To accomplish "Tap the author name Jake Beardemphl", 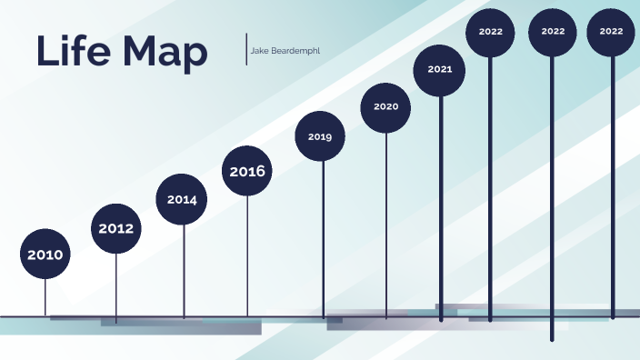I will tap(285, 50).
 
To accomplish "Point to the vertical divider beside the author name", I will tap(246, 49).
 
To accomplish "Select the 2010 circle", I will tap(45, 255).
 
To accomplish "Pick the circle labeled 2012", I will tap(116, 228).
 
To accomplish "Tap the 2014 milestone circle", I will tap(182, 199).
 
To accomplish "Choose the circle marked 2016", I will tap(247, 171).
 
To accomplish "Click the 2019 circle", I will tap(320, 136).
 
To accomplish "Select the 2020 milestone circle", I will tap(386, 106).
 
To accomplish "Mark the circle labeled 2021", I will tap(440, 69).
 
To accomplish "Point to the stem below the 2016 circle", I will tap(247, 255).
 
